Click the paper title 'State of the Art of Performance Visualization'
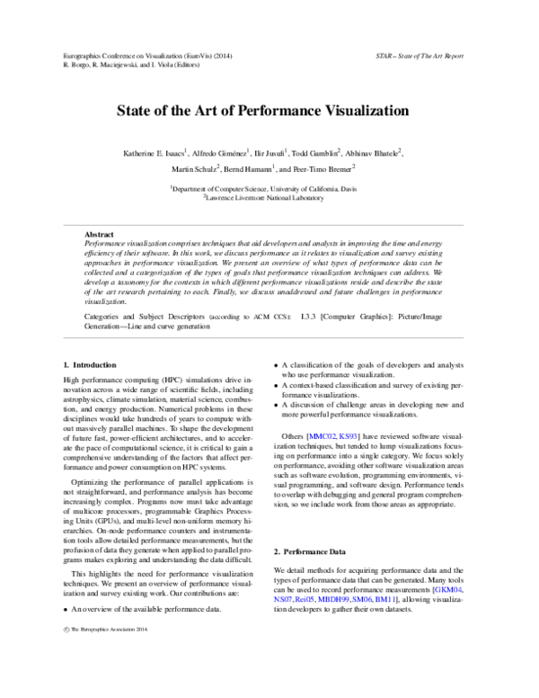click(262, 112)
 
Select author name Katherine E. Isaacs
click(155, 154)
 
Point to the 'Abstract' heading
click(99, 234)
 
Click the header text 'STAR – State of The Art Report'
click(420, 56)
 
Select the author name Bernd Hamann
click(246, 169)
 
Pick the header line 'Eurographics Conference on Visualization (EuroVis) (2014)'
click(144, 56)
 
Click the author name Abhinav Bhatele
click(373, 154)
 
